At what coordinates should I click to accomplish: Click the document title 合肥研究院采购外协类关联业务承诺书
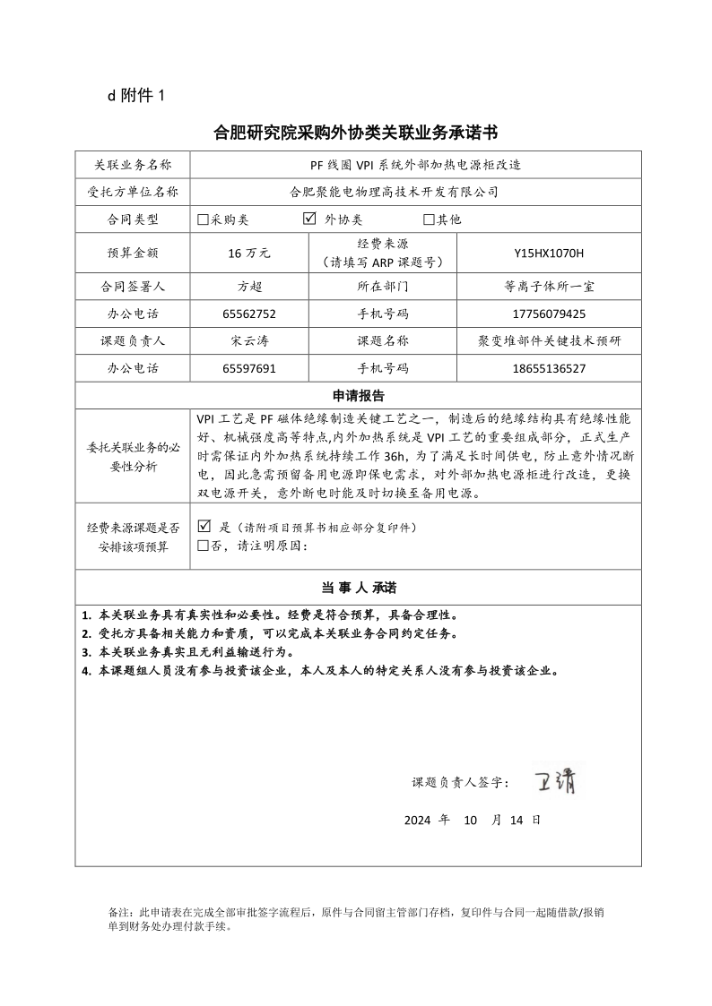click(x=355, y=133)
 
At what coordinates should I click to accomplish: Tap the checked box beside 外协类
click(x=309, y=219)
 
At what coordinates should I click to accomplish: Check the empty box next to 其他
click(x=429, y=219)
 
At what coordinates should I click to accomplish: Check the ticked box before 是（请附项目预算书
click(x=204, y=527)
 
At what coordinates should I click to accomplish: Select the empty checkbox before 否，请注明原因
click(x=203, y=546)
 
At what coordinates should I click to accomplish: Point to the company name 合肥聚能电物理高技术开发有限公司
click(x=395, y=192)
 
